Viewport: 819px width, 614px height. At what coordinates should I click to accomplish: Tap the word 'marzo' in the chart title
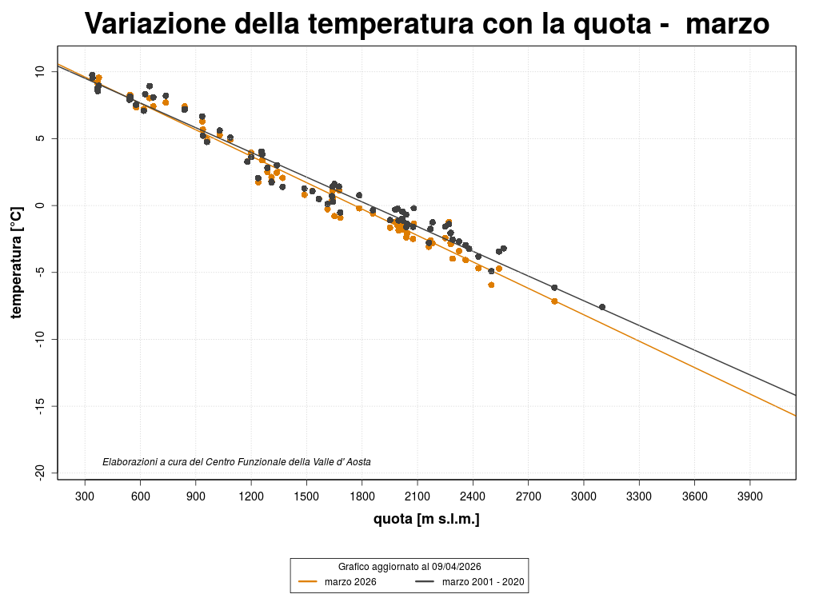coord(727,24)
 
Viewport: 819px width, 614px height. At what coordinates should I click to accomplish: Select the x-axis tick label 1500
coord(306,496)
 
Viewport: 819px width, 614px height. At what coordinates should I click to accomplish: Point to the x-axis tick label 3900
coord(749,496)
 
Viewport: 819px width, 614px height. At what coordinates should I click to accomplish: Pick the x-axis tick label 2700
coord(528,496)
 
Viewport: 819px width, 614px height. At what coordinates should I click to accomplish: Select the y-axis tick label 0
coord(42,205)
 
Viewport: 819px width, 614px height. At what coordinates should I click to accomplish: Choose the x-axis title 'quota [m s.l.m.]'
coord(426,520)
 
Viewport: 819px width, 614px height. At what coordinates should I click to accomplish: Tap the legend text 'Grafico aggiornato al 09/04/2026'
coord(409,566)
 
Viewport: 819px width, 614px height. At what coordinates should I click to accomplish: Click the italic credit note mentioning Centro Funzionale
coord(237,462)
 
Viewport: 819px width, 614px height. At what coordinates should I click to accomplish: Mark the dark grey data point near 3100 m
coord(602,307)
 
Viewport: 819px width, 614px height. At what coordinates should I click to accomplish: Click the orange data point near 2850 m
coord(554,301)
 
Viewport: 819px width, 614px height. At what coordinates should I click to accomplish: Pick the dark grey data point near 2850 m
coord(554,288)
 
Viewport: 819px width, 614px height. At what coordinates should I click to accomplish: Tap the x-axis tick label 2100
coord(417,496)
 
